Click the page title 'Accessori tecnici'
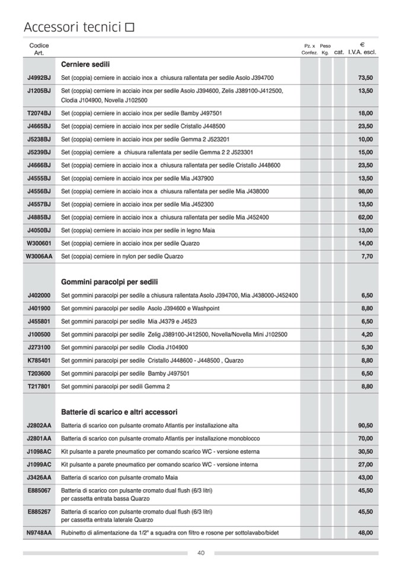click(x=72, y=27)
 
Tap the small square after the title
click(x=130, y=27)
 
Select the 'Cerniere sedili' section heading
click(x=85, y=65)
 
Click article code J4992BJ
click(x=39, y=78)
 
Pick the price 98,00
click(x=365, y=191)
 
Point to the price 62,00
click(x=365, y=217)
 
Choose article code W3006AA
click(x=39, y=256)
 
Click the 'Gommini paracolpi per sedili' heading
click(x=109, y=282)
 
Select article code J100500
click(x=39, y=335)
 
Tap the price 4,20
click(x=366, y=335)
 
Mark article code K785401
click(x=39, y=361)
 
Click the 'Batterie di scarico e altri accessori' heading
click(x=119, y=412)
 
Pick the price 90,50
click(x=365, y=426)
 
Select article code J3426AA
click(x=39, y=477)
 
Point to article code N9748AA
click(x=39, y=533)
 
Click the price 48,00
click(x=365, y=533)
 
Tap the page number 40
click(x=201, y=553)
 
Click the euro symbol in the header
click(x=362, y=44)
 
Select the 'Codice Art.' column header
click(x=39, y=49)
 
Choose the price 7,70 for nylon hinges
click(x=366, y=256)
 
